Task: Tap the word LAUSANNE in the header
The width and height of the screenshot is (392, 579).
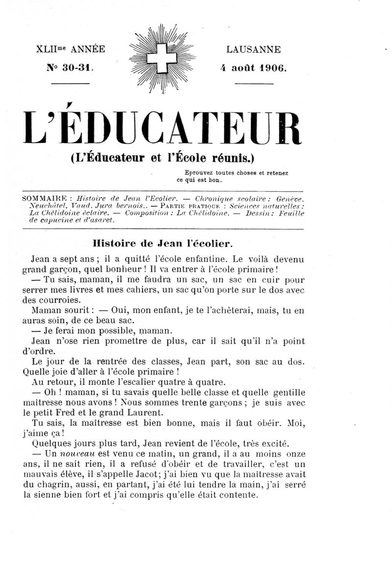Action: click(x=253, y=49)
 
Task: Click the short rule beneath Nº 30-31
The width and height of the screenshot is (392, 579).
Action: click(x=70, y=83)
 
